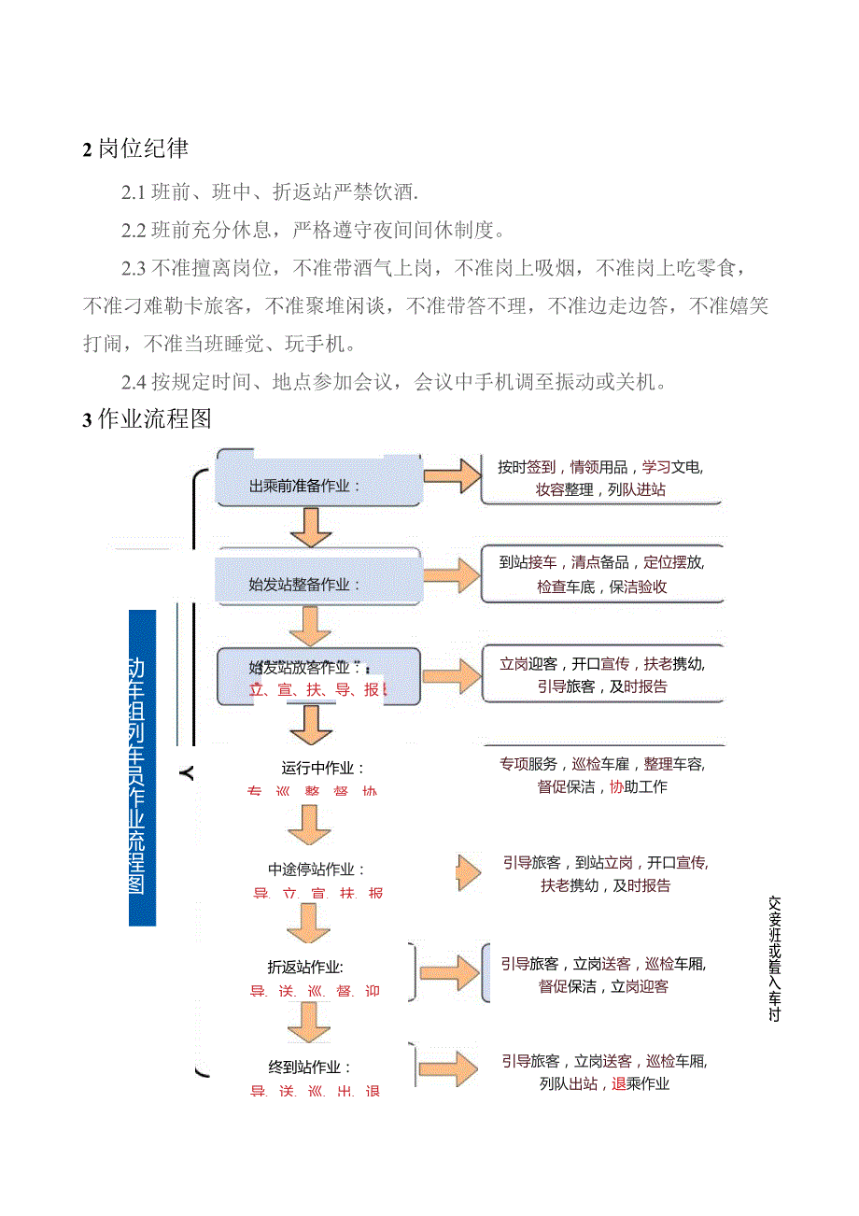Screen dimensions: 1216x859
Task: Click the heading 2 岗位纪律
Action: [x=136, y=148]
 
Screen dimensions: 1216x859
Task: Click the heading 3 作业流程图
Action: [x=148, y=419]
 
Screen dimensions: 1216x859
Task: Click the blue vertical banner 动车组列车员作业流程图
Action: [x=142, y=768]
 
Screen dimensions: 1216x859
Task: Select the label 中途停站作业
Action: [x=317, y=870]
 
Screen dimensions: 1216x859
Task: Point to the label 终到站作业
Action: [x=317, y=1067]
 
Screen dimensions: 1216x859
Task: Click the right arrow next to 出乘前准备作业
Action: [x=451, y=475]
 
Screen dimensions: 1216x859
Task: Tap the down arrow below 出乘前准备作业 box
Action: [x=311, y=528]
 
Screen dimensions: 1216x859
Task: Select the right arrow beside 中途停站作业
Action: [x=470, y=872]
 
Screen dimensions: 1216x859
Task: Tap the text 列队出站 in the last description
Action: [x=569, y=1084]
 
